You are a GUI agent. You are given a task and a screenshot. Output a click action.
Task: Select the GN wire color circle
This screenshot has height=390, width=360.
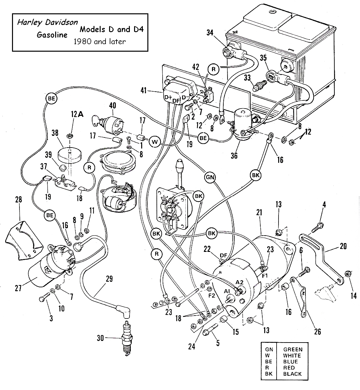(210, 177)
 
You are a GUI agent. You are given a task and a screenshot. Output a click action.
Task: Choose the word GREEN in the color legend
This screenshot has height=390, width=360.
(293, 350)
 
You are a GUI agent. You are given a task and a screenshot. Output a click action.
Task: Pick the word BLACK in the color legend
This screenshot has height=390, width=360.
(292, 374)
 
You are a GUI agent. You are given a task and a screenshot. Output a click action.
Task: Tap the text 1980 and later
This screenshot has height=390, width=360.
(100, 42)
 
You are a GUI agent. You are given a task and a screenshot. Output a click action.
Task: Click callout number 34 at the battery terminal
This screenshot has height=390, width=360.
(210, 32)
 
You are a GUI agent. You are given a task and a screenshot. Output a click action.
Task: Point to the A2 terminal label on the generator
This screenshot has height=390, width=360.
(239, 282)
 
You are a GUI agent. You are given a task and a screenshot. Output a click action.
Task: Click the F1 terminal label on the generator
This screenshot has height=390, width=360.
(265, 276)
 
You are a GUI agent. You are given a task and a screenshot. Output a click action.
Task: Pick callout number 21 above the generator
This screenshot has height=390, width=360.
(259, 213)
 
